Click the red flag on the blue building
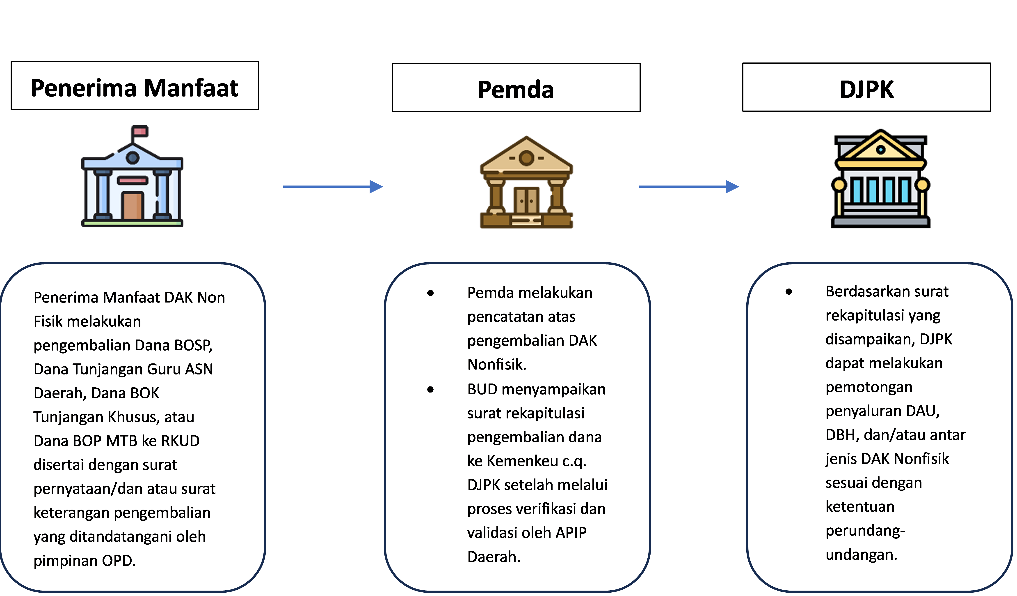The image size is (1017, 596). click(x=140, y=131)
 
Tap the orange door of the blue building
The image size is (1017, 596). click(x=133, y=206)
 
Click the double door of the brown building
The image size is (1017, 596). click(x=526, y=201)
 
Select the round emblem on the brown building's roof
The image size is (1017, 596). click(x=526, y=158)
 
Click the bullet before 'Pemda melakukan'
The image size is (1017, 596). click(x=431, y=293)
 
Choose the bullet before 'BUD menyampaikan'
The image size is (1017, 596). click(x=431, y=390)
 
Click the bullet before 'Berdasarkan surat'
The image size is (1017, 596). click(x=789, y=292)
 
